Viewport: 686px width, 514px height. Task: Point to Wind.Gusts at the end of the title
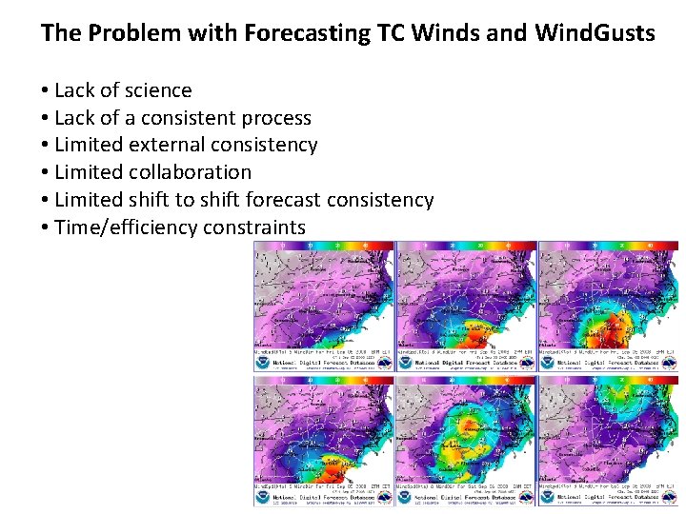595,33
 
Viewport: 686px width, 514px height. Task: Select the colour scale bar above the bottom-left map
322,380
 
